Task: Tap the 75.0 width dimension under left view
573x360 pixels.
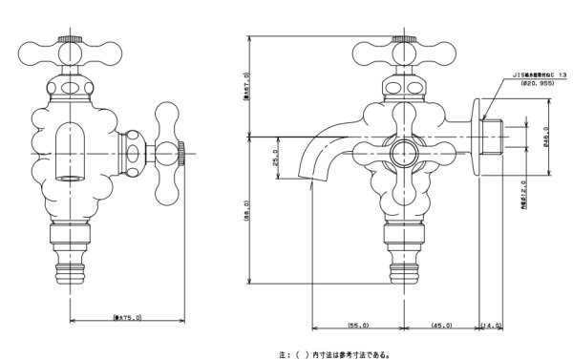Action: [127, 316]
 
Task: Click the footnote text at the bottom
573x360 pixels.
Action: [335, 351]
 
